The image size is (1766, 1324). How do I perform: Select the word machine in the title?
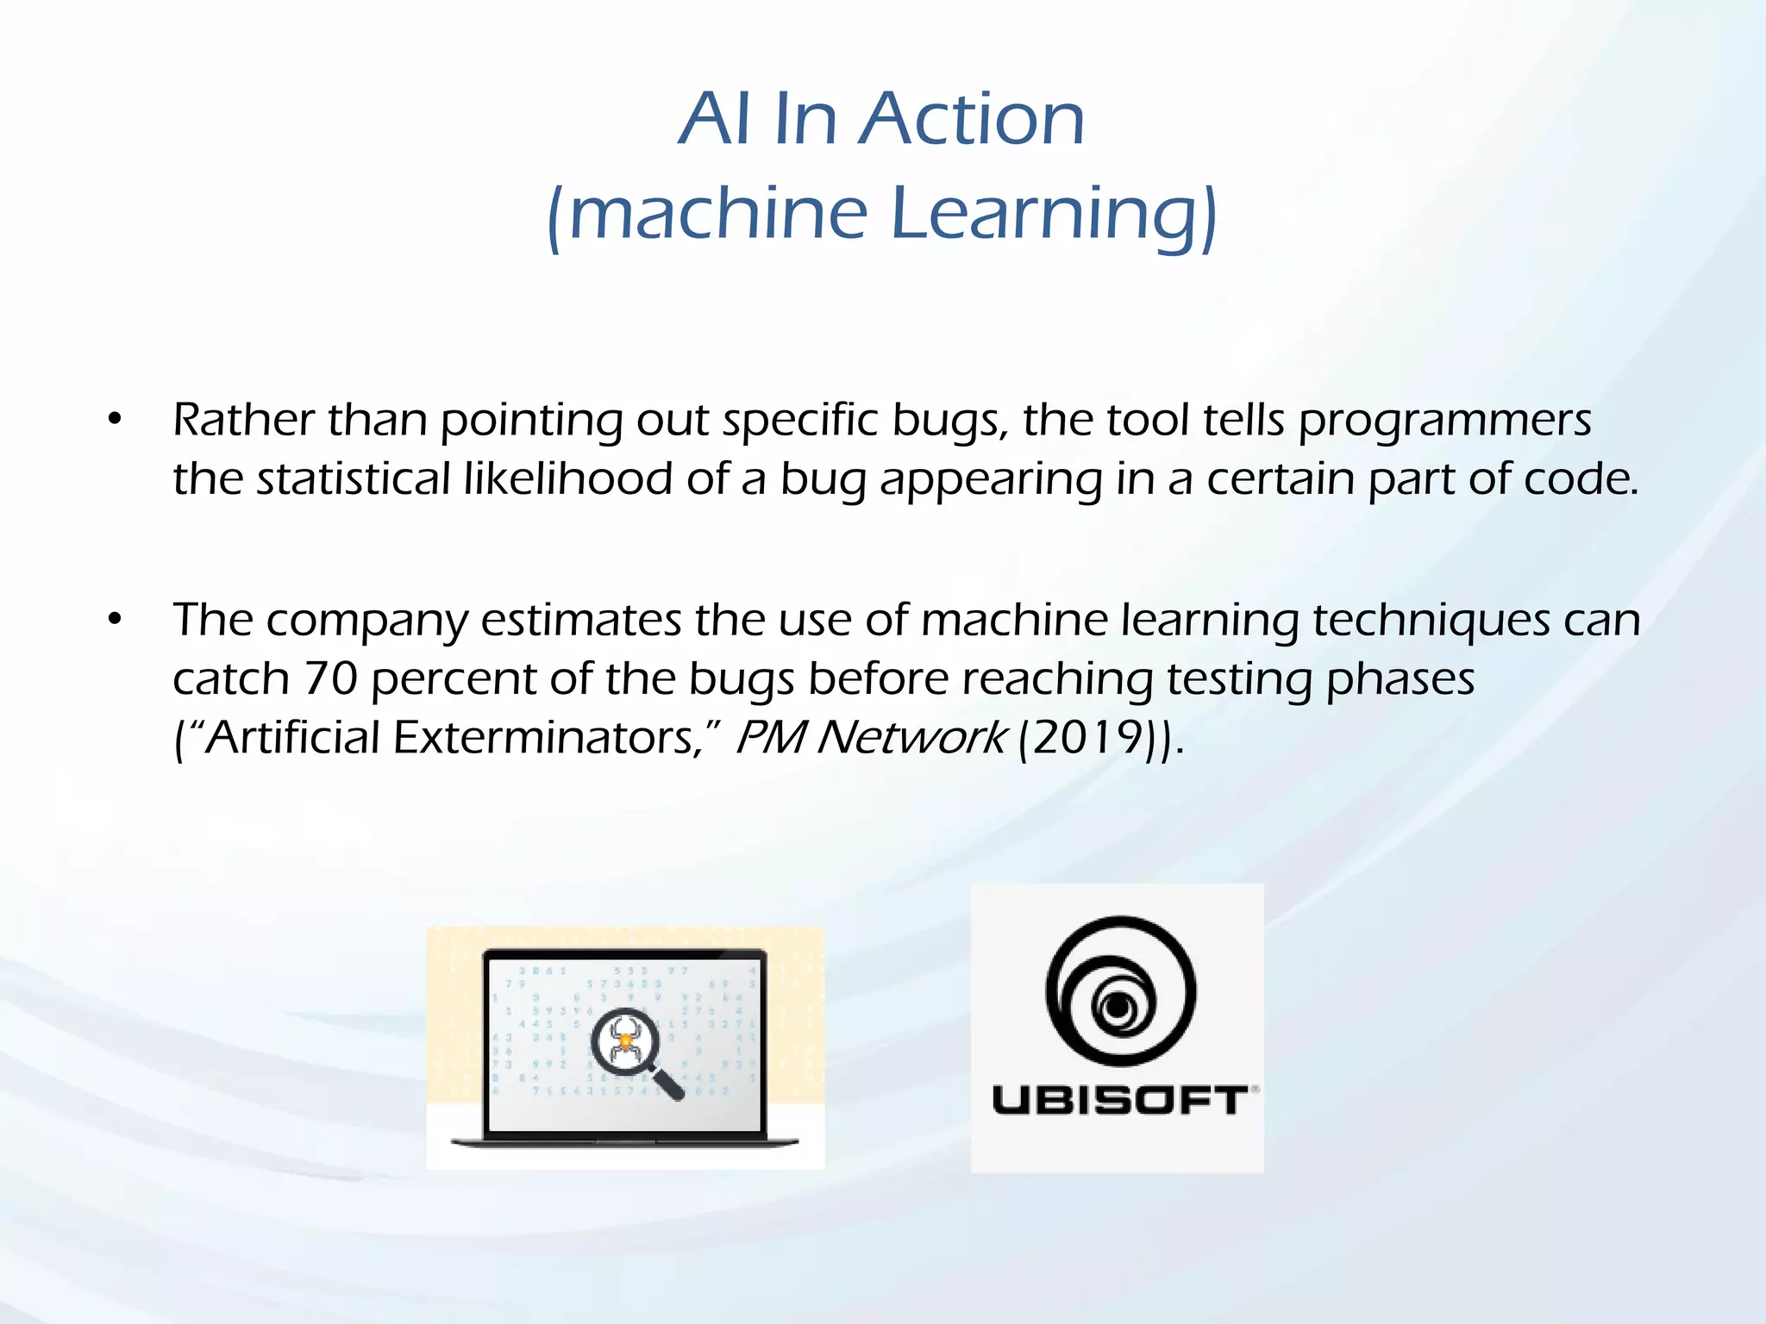(x=717, y=213)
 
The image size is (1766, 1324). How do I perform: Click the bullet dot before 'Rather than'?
(x=115, y=421)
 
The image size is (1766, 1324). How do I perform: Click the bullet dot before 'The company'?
(x=115, y=620)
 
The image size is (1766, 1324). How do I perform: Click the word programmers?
(x=1444, y=422)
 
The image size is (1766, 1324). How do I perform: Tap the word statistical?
(x=354, y=479)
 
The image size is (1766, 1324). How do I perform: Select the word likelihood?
(x=567, y=479)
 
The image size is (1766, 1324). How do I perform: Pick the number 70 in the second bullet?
(x=330, y=679)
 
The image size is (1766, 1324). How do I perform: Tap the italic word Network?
(x=911, y=738)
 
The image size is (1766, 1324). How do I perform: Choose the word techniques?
(x=1431, y=621)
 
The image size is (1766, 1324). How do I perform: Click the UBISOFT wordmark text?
(x=1119, y=1101)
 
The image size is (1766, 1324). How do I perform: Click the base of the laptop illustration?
(x=624, y=1142)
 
